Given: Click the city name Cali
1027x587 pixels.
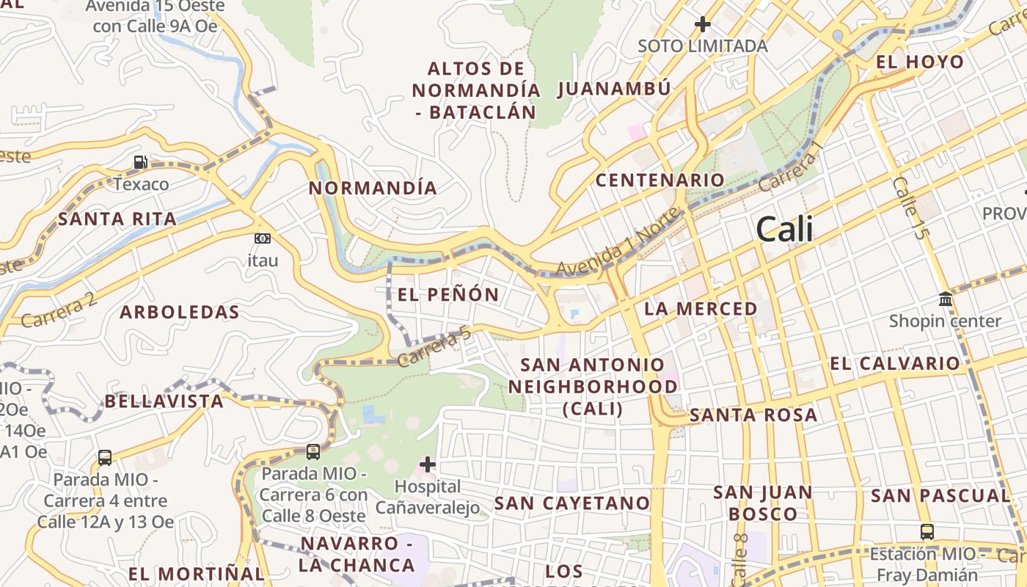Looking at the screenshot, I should coord(784,230).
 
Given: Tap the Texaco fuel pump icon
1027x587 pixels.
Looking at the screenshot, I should coord(140,162).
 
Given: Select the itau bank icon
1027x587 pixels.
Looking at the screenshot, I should coord(262,238).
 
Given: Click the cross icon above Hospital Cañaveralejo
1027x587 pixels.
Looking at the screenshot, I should coord(428,464).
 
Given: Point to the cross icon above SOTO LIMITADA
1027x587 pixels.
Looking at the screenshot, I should coord(703,24).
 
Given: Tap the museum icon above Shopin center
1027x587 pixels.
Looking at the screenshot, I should coord(945,299).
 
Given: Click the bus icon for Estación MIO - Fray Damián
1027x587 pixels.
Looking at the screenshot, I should coord(927,532).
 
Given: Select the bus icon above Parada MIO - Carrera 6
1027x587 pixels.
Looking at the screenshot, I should coord(313,452).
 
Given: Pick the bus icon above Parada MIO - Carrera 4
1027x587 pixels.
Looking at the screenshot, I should coord(105,458).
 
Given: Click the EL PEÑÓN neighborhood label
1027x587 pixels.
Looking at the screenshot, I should coord(448,295).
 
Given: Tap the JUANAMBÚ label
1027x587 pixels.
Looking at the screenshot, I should coord(614,90).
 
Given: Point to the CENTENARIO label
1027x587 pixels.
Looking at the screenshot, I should coord(659,180).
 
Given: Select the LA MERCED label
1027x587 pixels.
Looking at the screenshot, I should coord(701,309).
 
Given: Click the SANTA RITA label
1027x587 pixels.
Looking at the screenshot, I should coord(117,219).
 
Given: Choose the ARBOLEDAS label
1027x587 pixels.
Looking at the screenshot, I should coord(180,312).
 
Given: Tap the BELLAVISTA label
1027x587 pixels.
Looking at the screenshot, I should coord(164,401).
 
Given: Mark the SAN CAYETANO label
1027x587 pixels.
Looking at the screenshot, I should coord(572,503).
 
